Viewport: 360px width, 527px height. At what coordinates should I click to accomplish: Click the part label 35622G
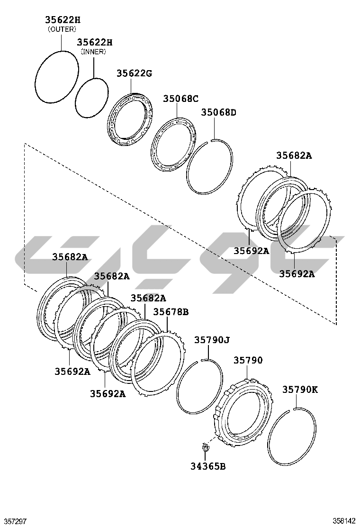click(135, 73)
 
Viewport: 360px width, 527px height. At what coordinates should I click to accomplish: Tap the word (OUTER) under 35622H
click(62, 29)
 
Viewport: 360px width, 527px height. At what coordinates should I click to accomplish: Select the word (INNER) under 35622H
click(93, 52)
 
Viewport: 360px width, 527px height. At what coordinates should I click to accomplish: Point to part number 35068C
click(180, 99)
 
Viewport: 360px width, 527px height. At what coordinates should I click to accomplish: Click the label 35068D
click(219, 112)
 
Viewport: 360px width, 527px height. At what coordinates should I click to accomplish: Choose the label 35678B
click(171, 312)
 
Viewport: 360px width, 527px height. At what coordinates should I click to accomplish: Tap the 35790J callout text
click(212, 340)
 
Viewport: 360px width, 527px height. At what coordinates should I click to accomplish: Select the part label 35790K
click(300, 390)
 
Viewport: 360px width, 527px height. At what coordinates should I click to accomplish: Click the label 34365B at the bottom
click(208, 466)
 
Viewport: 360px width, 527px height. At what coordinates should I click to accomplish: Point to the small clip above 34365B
click(205, 447)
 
